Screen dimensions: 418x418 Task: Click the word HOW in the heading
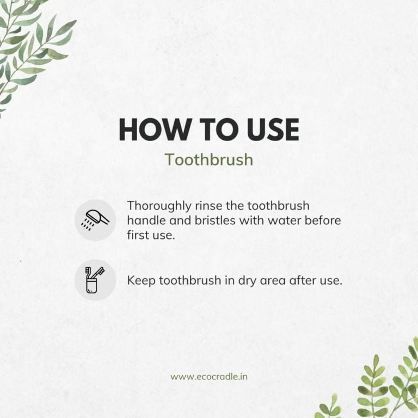[153, 130]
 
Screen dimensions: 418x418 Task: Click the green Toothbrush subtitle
[209, 159]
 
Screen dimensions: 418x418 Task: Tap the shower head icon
[95, 220]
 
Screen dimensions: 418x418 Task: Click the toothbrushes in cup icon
[95, 280]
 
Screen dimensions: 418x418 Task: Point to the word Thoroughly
[159, 206]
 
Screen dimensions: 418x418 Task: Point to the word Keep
[141, 281]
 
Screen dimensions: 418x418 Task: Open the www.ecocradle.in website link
[209, 377]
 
